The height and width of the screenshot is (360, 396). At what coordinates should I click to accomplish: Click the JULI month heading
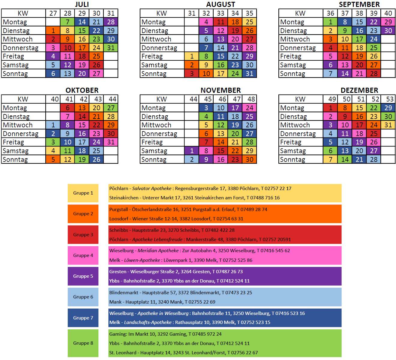pos(82,5)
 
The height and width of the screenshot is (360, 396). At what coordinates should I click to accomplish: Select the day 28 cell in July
pos(111,22)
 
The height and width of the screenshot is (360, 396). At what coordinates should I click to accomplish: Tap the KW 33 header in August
pos(220,13)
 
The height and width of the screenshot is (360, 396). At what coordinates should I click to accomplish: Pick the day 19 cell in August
pos(235,31)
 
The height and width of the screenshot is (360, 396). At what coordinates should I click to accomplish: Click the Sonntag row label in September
pos(292,74)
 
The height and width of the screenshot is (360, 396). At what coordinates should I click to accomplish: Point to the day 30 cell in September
pos(388,31)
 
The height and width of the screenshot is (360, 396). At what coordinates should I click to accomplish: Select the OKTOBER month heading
pos(82,90)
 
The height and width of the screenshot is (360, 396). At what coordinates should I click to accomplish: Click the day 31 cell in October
pos(111,142)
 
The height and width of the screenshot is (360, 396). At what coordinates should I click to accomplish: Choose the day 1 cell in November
pos(192,151)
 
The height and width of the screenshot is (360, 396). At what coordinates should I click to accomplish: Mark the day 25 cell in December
pos(373,134)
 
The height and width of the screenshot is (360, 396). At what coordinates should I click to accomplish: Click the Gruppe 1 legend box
pos(83,193)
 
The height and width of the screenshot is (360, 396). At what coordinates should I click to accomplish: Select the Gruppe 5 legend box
pos(83,276)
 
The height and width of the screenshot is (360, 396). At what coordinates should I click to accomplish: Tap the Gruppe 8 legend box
pos(83,343)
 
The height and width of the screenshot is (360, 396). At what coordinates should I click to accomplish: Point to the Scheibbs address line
pos(172,230)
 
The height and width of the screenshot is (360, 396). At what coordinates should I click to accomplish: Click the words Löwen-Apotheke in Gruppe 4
pos(142,260)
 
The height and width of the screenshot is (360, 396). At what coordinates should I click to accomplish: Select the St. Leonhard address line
pos(183,353)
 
